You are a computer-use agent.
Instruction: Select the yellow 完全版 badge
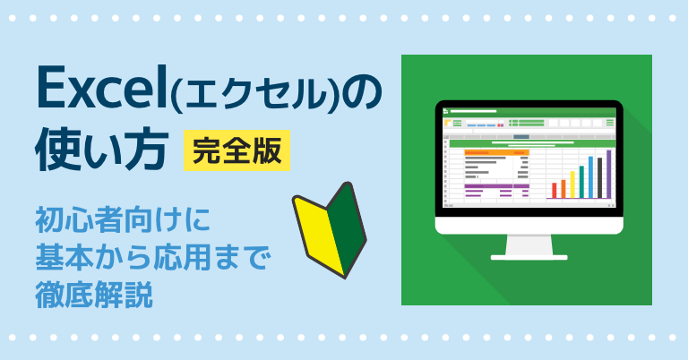pyautogui.click(x=236, y=150)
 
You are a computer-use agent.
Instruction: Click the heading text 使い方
pyautogui.click(x=102, y=150)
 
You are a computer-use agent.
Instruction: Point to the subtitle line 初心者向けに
pyautogui.click(x=123, y=220)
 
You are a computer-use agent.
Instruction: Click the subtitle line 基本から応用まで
pyautogui.click(x=153, y=257)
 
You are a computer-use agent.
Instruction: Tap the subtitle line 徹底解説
pyautogui.click(x=94, y=295)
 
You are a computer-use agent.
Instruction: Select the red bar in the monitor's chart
pyautogui.click(x=555, y=191)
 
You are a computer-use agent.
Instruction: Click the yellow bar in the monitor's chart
pyautogui.click(x=572, y=184)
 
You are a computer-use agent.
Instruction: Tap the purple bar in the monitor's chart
pyautogui.click(x=608, y=174)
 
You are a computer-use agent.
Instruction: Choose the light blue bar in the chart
pyautogui.click(x=590, y=177)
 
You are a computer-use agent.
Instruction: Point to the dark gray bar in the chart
pyautogui.click(x=600, y=178)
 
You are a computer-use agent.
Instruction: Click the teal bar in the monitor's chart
pyautogui.click(x=581, y=182)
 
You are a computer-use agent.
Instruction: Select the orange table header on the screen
pyautogui.click(x=496, y=152)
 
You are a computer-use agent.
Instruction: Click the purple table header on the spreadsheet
pyautogui.click(x=496, y=186)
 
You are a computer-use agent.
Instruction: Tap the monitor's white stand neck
pyautogui.click(x=529, y=244)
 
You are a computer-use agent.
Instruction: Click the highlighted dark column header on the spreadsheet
pyautogui.click(x=521, y=137)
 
